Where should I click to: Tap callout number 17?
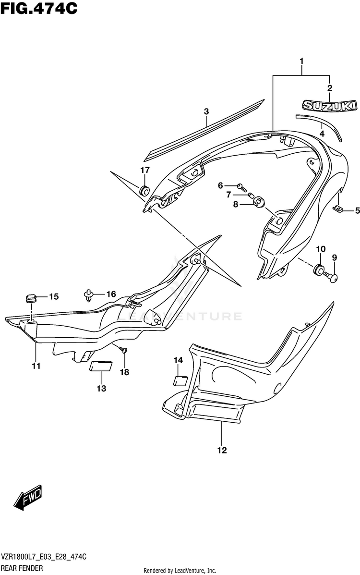pos(145,170)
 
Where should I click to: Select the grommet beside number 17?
pos(144,191)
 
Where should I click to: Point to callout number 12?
pos(222,451)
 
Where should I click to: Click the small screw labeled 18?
pos(124,352)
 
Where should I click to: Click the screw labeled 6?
pos(241,185)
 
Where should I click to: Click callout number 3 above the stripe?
pos(206,111)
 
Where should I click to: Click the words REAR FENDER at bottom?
pos(21,567)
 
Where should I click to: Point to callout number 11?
pos(36,367)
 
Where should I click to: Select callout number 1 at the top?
pos(301,61)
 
